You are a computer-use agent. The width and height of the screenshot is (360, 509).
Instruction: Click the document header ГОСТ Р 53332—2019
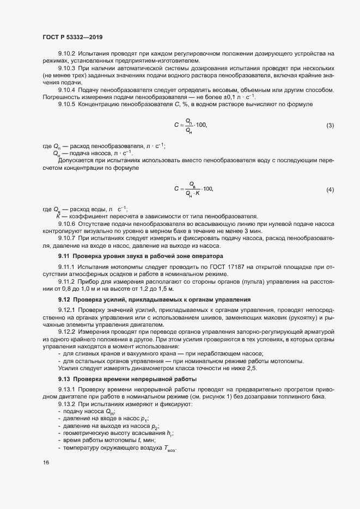tap(72, 37)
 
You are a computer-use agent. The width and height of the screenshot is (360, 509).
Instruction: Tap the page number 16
tap(46, 463)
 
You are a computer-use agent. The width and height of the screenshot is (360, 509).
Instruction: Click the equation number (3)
tap(330, 126)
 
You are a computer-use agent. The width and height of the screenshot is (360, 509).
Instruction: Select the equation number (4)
tap(330, 189)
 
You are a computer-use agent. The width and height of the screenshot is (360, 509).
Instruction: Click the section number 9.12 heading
tap(64, 299)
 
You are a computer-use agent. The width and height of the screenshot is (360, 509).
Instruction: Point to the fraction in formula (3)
tap(188, 125)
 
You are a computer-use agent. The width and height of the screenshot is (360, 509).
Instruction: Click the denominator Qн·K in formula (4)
tap(192, 193)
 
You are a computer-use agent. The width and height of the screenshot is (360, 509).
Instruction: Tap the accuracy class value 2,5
tap(252, 369)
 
